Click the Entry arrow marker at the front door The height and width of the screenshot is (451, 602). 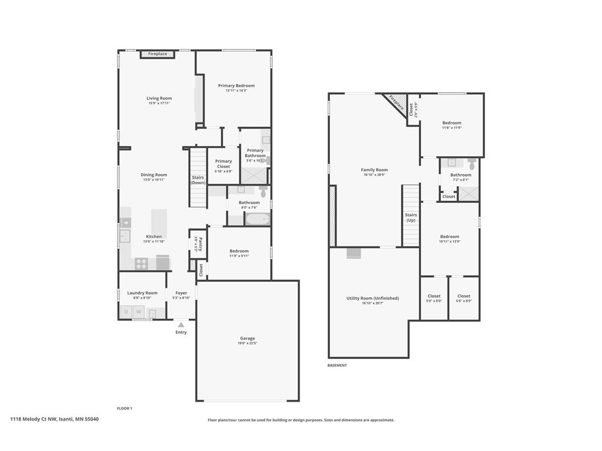point(181,325)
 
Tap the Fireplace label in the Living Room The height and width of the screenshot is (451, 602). point(157,54)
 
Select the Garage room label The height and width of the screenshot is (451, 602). point(248,338)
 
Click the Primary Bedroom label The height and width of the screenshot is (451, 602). point(236,86)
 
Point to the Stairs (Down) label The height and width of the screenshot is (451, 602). point(198,180)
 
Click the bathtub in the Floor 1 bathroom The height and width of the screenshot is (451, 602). point(257,220)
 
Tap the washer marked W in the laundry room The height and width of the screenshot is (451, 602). point(139,312)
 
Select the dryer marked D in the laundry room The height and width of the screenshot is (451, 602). point(125,312)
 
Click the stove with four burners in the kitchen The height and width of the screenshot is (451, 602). point(142,264)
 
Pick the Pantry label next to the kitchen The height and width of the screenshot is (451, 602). point(200,244)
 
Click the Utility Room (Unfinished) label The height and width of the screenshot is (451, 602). point(373,298)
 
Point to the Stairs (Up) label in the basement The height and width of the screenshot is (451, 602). point(410,217)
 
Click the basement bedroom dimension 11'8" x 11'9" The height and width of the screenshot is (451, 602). point(451,127)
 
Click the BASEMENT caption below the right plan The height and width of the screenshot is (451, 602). point(337,365)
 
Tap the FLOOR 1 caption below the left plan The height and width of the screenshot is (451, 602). point(125,408)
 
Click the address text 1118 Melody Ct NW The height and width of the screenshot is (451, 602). point(34,419)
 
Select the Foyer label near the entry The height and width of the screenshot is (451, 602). point(181,293)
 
